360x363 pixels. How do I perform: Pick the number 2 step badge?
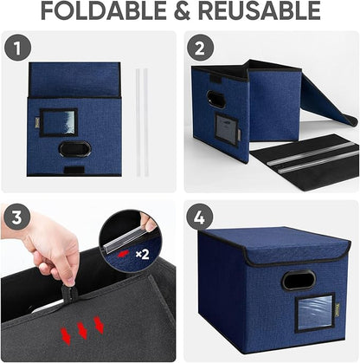(x=198, y=48)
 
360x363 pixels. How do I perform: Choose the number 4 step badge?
(x=198, y=217)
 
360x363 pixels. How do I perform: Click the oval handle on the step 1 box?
(x=74, y=149)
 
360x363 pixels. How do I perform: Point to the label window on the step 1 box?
(x=58, y=121)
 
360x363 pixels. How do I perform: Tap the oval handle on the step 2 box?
(x=217, y=99)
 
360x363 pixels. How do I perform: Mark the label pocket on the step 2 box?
(x=227, y=131)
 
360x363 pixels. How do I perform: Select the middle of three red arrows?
(x=82, y=329)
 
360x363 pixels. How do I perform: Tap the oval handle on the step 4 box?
(x=298, y=281)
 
